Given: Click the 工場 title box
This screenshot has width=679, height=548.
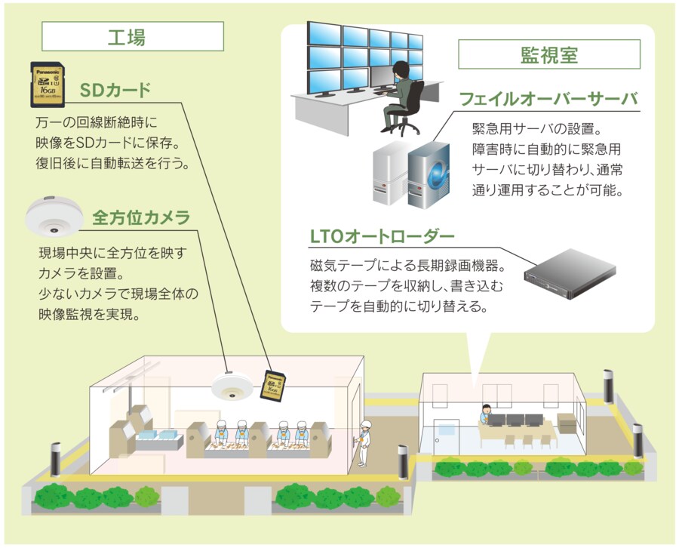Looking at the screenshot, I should coord(132,35).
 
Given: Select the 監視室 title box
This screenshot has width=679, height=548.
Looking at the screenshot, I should coord(549,54).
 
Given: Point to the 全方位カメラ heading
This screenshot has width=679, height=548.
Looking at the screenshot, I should coord(140,218).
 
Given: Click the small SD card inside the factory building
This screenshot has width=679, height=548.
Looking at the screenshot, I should coord(272,385).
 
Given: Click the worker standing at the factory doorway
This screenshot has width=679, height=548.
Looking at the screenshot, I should coord(365,442).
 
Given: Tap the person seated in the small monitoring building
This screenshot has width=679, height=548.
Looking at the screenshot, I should coord(484,414).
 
